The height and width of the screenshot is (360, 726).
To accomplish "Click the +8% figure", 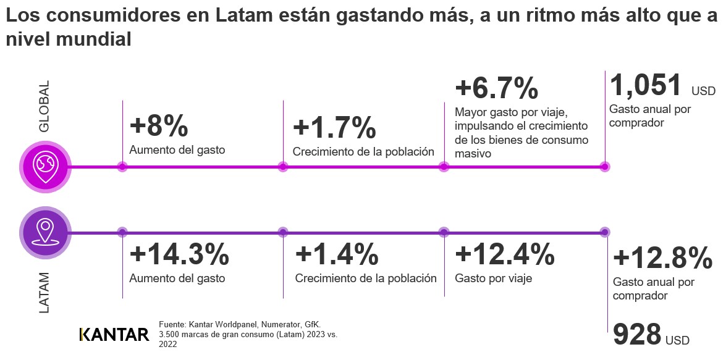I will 159,127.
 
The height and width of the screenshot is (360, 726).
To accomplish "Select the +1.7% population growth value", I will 334,128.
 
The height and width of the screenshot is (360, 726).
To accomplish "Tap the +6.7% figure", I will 496,88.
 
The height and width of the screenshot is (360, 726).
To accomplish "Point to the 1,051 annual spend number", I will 646,85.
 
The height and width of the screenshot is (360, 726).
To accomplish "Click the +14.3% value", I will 179,255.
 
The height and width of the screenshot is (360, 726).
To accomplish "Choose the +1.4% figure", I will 337,255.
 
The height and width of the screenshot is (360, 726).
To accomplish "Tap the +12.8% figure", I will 662,258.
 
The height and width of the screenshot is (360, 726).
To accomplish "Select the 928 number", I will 637,335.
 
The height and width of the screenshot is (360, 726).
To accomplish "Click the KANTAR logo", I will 114,335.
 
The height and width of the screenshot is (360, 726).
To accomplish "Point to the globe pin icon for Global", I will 45,166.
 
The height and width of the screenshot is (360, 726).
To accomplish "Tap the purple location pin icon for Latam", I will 45,232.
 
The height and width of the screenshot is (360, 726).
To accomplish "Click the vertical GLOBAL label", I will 44,106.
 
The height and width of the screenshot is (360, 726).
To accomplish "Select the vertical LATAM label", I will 44,292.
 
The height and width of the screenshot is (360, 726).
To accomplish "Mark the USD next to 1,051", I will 703,91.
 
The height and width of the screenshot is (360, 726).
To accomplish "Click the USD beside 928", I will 677,340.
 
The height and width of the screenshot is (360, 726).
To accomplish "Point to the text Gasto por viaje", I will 493,278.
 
